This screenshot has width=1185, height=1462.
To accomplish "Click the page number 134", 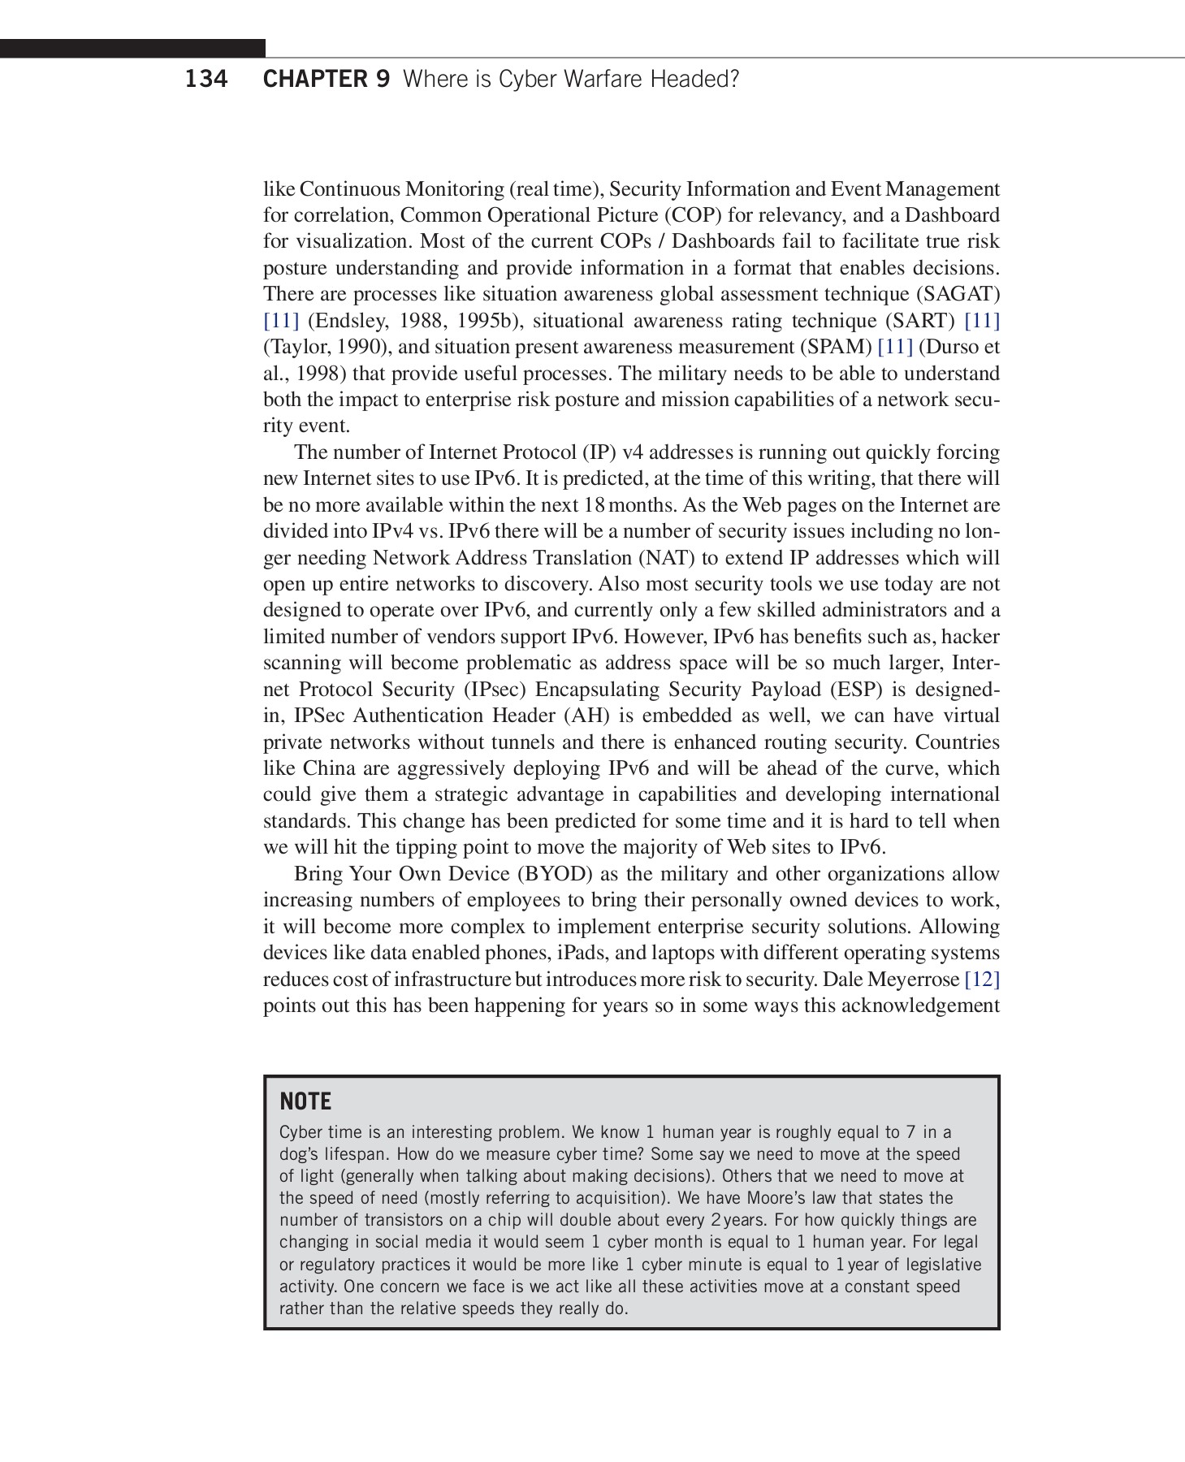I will point(206,80).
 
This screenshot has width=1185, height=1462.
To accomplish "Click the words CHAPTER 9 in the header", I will point(327,80).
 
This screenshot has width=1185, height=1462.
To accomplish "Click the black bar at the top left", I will point(132,49).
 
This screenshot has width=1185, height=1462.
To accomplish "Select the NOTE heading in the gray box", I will point(305,1101).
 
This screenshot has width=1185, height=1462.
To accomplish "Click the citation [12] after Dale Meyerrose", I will point(981,980).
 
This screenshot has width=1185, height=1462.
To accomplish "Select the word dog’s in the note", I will point(301,1154).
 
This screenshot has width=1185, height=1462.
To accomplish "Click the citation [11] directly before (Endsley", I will point(281,321).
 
